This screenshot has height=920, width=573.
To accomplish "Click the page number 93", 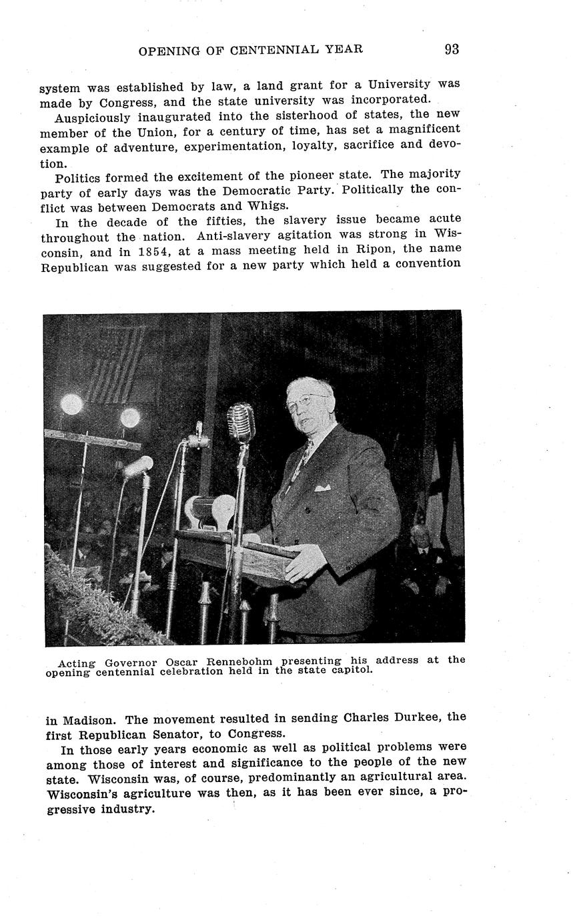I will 452,49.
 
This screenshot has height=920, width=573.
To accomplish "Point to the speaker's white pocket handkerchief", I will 322,488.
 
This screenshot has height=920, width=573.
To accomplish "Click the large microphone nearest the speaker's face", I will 240,421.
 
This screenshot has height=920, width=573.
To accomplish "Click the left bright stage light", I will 71,404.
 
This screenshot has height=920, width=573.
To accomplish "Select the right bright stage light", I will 129,418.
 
